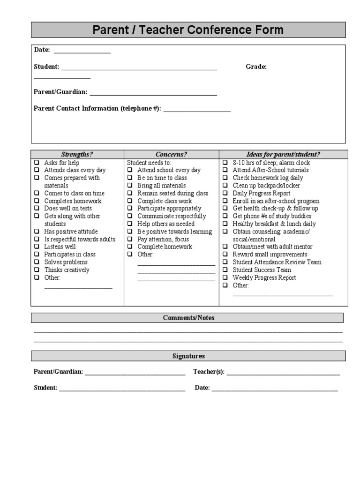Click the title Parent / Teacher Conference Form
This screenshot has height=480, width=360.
tap(188, 30)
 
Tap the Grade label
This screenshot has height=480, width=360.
tap(256, 67)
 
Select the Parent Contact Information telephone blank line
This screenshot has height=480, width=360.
tap(197, 111)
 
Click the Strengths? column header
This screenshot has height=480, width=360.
tap(77, 154)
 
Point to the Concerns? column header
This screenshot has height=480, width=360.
tap(171, 154)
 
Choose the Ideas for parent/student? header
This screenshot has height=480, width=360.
tap(283, 154)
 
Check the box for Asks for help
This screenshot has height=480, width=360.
tap(37, 163)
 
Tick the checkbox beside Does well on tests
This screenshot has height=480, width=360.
tap(37, 209)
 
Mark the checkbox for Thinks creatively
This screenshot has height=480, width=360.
tap(37, 270)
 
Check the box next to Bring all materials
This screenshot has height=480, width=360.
tap(130, 186)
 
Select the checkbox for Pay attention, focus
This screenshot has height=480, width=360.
tap(130, 239)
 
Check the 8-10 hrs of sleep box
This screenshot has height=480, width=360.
tap(225, 163)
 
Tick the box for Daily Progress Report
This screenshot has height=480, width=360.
tap(225, 193)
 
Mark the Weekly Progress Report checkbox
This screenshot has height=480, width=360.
tap(225, 277)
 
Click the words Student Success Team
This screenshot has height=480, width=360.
tap(262, 270)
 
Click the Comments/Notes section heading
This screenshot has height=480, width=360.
tap(188, 318)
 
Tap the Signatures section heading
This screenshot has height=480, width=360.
tap(188, 356)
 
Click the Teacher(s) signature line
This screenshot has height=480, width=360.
tap(283, 374)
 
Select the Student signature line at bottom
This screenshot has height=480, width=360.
tap(122, 389)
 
